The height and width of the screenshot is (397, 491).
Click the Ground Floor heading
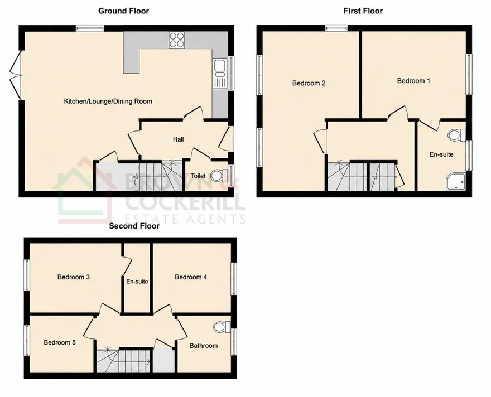coord(123,11)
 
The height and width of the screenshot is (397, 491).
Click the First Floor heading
coord(363,11)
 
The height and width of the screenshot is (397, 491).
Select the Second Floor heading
coord(134,226)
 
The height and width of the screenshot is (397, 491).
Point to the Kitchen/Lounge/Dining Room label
coord(108,101)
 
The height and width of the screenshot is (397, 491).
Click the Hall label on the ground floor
coord(178,139)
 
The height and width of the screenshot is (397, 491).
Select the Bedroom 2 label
coord(309,83)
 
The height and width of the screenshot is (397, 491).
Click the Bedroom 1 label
coord(413,81)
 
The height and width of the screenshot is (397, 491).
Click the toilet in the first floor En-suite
coord(456,136)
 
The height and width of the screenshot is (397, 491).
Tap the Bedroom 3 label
coord(74,277)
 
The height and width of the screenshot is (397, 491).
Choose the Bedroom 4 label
coord(191,277)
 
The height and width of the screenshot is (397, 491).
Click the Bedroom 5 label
coord(60,342)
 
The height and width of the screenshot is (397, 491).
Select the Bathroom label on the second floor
coord(204,346)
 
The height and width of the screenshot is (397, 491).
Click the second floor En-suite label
coord(137,282)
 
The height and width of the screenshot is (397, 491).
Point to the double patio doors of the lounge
coord(16,75)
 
